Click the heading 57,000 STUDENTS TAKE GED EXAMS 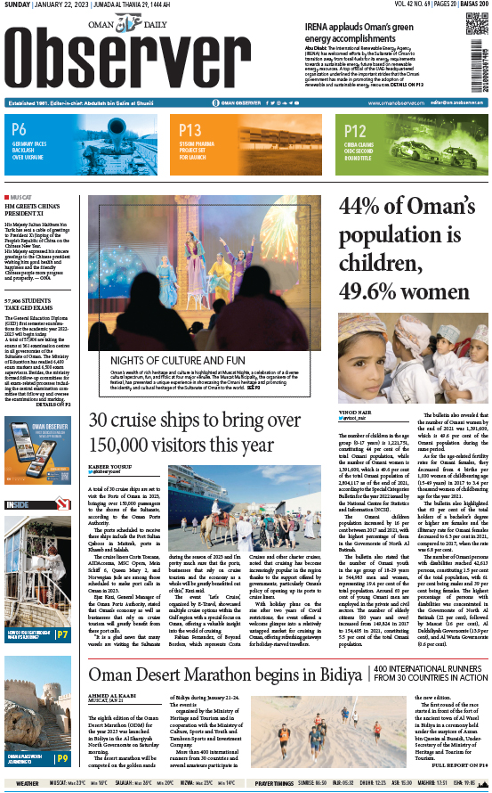tap(29, 306)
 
